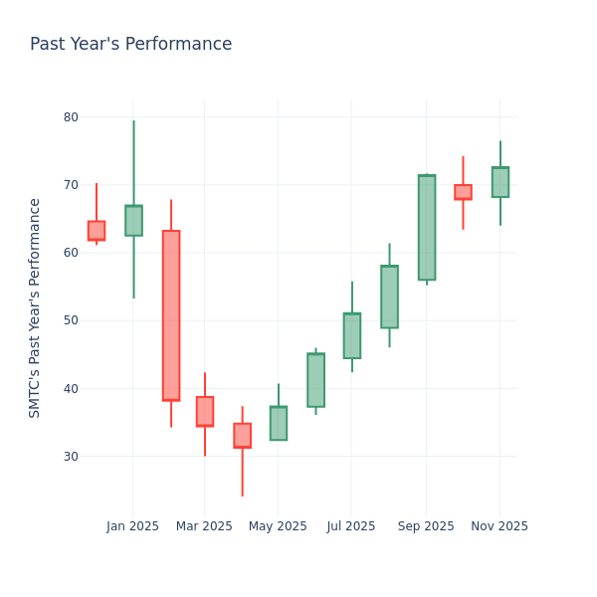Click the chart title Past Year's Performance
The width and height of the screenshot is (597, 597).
click(x=130, y=45)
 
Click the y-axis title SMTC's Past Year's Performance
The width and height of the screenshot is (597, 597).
click(x=35, y=307)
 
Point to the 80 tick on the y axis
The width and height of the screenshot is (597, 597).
click(x=71, y=116)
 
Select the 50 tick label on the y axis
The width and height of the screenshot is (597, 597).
click(x=71, y=320)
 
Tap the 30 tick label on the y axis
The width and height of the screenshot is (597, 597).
click(x=71, y=456)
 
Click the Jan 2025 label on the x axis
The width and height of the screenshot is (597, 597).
click(x=132, y=526)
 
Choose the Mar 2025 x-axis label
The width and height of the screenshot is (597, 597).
click(x=204, y=526)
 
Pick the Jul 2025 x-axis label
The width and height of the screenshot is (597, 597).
click(x=350, y=526)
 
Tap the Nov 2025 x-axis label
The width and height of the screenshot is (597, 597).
click(x=499, y=526)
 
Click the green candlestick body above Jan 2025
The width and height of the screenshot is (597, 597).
click(x=133, y=221)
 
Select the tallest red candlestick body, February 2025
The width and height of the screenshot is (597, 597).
click(x=171, y=315)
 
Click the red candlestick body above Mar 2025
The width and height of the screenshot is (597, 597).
click(x=205, y=412)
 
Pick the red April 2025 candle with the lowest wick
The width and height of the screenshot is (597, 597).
click(x=242, y=436)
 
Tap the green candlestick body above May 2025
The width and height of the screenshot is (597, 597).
click(x=279, y=423)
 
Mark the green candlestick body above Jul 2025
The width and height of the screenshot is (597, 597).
click(x=352, y=336)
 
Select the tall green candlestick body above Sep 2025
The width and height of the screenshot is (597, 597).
click(x=427, y=228)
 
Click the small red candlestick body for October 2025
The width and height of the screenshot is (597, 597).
click(x=463, y=192)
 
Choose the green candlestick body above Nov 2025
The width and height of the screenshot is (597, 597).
click(x=500, y=182)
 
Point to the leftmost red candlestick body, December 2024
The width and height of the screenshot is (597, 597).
click(x=97, y=231)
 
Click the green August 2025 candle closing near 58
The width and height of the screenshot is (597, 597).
click(x=389, y=297)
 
